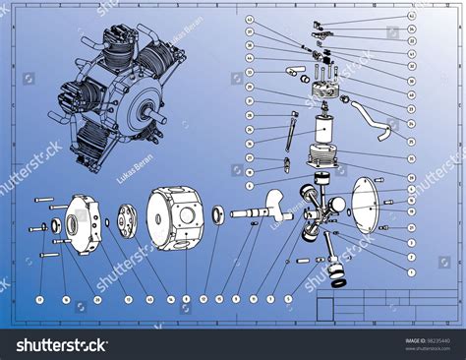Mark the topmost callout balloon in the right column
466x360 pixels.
click(411, 17)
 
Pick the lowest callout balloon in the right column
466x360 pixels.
click(412, 271)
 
